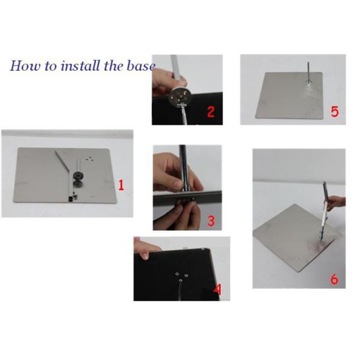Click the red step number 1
click(x=121, y=185)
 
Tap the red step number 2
click(x=211, y=112)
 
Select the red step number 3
click(x=211, y=220)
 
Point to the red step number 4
click(x=217, y=290)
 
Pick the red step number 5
click(x=335, y=112)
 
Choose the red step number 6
click(x=334, y=279)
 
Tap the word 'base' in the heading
click(x=141, y=66)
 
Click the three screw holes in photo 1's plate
click(x=89, y=158)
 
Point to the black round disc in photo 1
click(x=78, y=176)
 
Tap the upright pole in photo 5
click(x=308, y=73)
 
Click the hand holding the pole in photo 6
click(x=335, y=203)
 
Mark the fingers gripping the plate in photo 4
click(x=146, y=249)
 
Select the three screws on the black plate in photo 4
click(x=181, y=277)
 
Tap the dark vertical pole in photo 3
click(x=184, y=168)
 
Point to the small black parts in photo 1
click(x=73, y=198)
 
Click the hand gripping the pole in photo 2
click(x=167, y=80)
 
